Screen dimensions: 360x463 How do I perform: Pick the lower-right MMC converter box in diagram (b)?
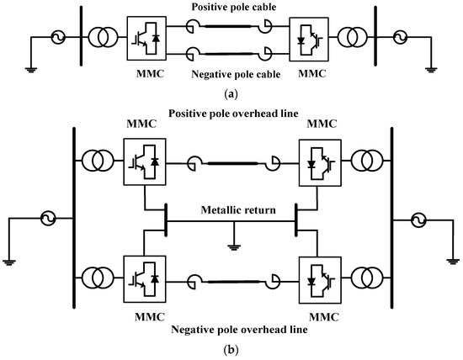(x=321, y=278)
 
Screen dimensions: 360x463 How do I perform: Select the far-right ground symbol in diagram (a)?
(x=431, y=69)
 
